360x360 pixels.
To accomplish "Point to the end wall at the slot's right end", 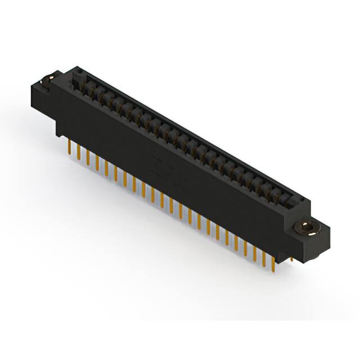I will (298, 202).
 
